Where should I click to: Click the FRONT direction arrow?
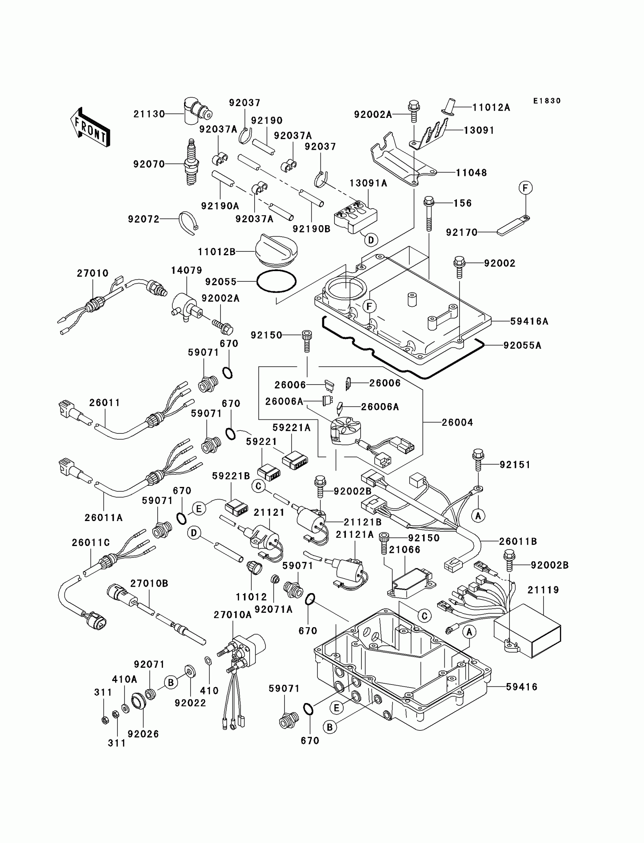[91, 127]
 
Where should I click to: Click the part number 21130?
[149, 114]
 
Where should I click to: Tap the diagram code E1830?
[547, 101]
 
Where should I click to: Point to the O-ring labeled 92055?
[276, 281]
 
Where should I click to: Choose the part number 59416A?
[529, 322]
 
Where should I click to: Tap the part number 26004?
[457, 422]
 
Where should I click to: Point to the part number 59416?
[522, 687]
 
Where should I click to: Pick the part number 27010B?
[149, 583]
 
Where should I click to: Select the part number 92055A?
[522, 345]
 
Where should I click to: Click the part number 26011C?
[91, 543]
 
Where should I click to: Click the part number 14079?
[186, 270]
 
